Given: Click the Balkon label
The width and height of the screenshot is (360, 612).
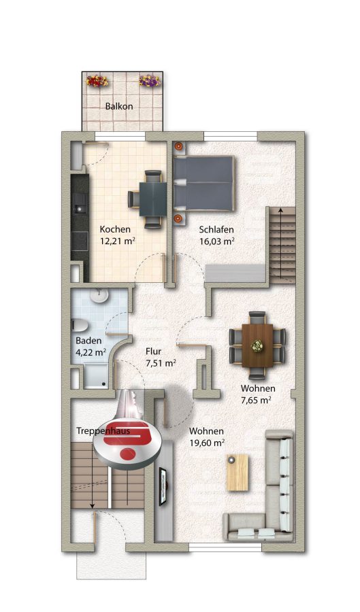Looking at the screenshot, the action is pyautogui.click(x=119, y=106).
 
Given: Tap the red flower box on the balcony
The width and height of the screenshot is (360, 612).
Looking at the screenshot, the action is pyautogui.click(x=97, y=81).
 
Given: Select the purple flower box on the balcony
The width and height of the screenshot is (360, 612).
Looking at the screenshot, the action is pyautogui.click(x=150, y=81).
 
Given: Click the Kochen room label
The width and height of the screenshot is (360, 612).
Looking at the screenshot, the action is pyautogui.click(x=115, y=229).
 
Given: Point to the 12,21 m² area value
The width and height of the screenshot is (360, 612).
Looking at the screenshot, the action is pyautogui.click(x=118, y=241).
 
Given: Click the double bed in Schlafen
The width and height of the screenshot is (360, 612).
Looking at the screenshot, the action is pyautogui.click(x=203, y=183).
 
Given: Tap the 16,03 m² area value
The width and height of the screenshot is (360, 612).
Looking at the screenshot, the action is pyautogui.click(x=216, y=241).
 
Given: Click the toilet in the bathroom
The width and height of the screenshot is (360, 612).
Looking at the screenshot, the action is pyautogui.click(x=78, y=326).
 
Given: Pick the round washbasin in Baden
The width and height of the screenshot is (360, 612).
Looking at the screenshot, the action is pyautogui.click(x=99, y=296).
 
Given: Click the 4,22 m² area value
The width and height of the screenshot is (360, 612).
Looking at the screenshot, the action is pyautogui.click(x=91, y=352).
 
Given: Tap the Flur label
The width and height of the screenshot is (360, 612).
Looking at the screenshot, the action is pyautogui.click(x=153, y=352).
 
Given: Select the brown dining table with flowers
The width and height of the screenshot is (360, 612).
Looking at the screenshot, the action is pyautogui.click(x=257, y=346).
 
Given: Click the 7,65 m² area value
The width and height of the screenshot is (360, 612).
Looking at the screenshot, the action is pyautogui.click(x=256, y=400).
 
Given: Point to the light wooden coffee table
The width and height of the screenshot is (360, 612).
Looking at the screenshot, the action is pyautogui.click(x=238, y=473).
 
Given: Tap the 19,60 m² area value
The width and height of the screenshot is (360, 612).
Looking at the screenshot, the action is pyautogui.click(x=207, y=443).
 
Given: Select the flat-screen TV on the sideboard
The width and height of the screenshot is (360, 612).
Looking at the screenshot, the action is pyautogui.click(x=163, y=486).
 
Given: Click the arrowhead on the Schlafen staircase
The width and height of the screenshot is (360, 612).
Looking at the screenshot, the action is pyautogui.click(x=280, y=210).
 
